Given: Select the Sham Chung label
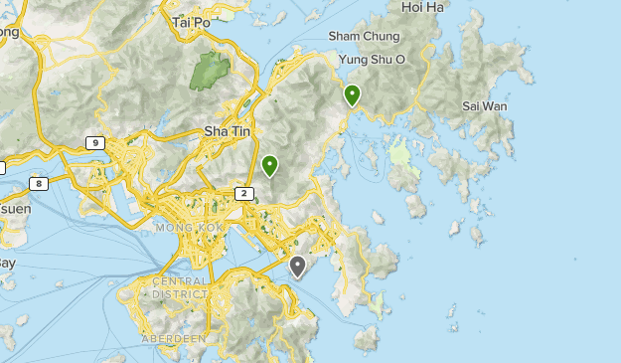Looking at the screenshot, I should pos(364,36).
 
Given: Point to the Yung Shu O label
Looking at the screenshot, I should pos(373,59).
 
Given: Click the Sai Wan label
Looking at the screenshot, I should pos(485,105).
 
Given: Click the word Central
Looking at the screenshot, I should pos(180,281).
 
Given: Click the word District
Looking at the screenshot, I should pos(180,294).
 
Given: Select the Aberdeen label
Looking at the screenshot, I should pos(175,338).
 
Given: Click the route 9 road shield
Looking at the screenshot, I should pos(95,143).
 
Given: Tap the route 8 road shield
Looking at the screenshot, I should pos(39,183).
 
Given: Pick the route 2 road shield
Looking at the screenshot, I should pos(244,192).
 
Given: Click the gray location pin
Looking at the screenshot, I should pos(298,266).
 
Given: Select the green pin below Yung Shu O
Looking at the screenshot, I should pos(352,94).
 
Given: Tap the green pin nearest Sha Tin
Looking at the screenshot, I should pos(269,165).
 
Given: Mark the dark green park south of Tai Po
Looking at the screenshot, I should pos(209,71).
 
